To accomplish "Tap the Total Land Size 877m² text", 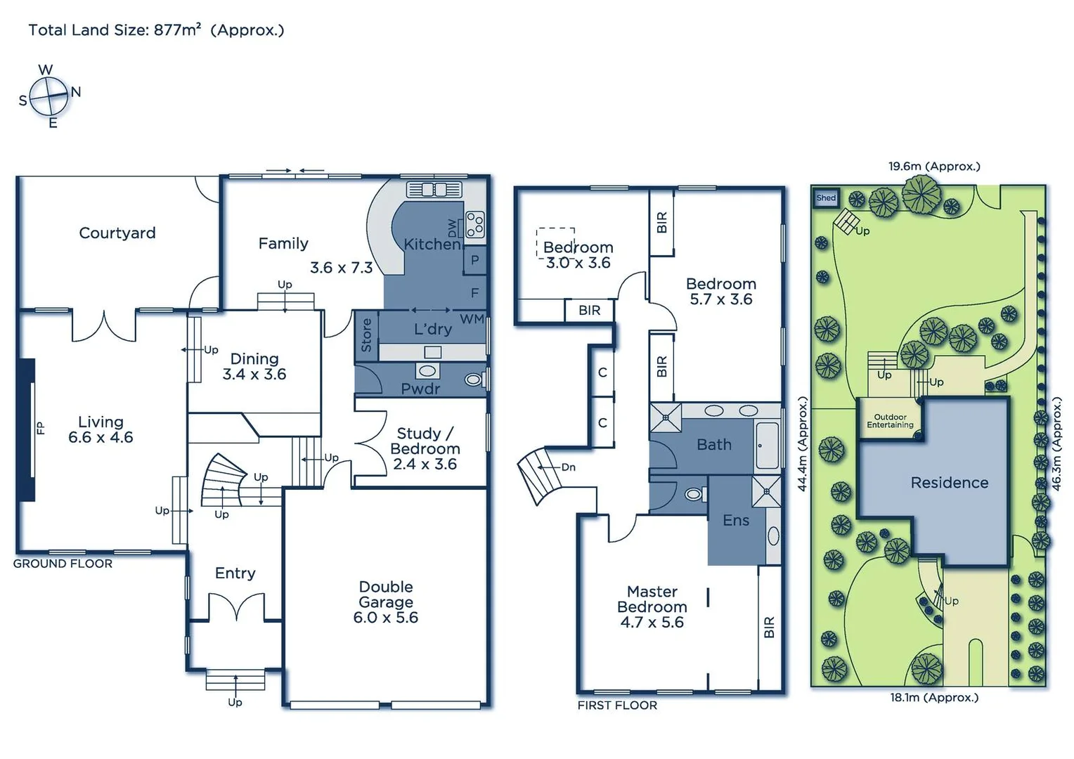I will point(156,30).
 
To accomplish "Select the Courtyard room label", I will point(117,233).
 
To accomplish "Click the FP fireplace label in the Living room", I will point(40,427).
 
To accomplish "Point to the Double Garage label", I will point(386,602).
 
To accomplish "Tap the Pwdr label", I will point(420,389).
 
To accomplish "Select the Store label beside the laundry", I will point(366,335).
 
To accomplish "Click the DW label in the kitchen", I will point(452,228).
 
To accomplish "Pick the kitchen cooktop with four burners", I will point(475,225).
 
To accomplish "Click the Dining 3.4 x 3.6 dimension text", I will point(254,375).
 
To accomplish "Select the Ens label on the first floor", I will point(736,520).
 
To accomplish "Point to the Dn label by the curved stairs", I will point(568,467).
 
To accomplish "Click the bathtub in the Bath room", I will point(767,445).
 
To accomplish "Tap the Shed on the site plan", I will point(826,198).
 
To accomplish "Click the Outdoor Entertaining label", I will point(890,421).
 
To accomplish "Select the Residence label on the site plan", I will point(949,483).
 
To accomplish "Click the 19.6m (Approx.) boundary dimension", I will point(933,167).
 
